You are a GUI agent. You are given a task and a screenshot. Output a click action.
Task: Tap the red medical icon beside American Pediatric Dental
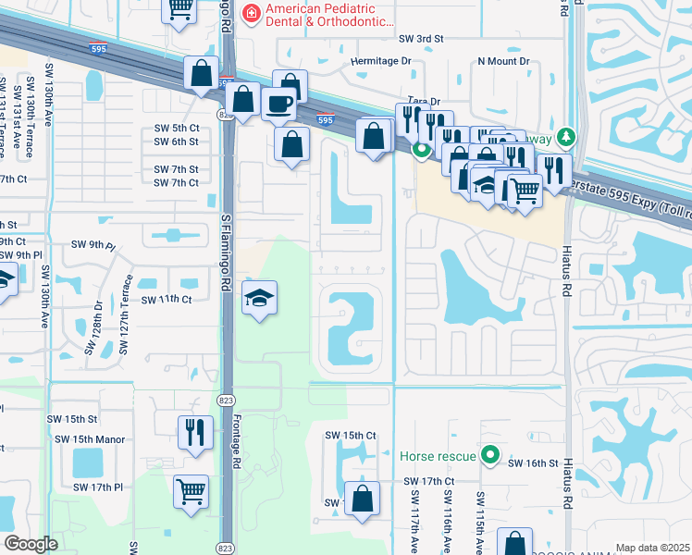250,12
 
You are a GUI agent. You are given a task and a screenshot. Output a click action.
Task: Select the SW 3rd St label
421,39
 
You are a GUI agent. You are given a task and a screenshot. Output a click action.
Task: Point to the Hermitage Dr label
380,61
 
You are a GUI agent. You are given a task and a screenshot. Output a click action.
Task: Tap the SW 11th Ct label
167,301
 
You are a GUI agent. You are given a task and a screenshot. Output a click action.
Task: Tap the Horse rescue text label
438,456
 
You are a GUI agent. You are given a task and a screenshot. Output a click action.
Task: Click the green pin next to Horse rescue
492,456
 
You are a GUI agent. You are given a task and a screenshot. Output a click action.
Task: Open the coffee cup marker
278,104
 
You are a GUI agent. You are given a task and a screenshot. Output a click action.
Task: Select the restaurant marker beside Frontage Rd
195,433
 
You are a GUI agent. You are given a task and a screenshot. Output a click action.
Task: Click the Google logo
31,544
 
